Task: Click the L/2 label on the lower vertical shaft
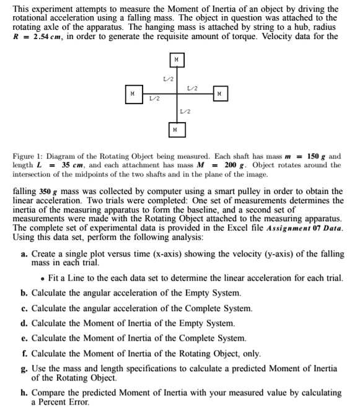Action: pos(185,112)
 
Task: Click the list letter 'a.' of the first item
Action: pos(24,254)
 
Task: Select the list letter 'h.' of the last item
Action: pos(24,393)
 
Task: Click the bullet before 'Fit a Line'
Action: pos(41,279)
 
